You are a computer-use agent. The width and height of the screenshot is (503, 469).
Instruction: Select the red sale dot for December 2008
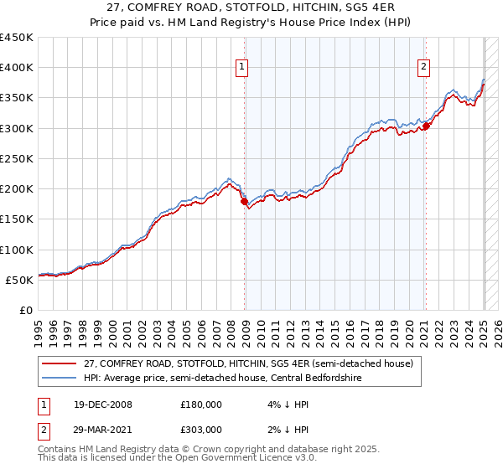[x=244, y=201]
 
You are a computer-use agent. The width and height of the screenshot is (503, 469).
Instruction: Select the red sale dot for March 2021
[x=426, y=126]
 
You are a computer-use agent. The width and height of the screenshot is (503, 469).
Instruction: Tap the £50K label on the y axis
[x=20, y=280]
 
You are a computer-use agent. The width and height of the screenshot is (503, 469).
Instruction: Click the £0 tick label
[x=26, y=310]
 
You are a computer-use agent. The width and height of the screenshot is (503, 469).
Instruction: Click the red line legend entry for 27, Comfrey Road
[x=248, y=363]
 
